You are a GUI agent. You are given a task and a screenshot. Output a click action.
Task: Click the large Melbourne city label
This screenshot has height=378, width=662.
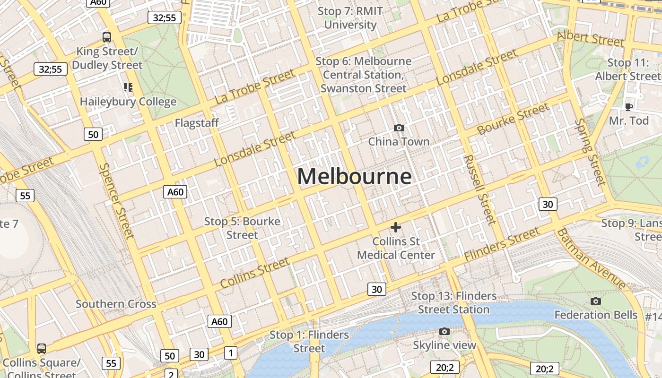(354, 177)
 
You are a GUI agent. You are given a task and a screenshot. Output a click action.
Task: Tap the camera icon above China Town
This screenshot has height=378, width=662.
(399, 128)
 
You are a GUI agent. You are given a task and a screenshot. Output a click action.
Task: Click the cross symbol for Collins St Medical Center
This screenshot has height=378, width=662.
(396, 227)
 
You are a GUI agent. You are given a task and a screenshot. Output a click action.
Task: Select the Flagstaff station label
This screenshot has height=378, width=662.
(197, 123)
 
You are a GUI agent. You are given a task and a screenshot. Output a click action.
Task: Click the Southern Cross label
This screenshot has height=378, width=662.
(116, 304)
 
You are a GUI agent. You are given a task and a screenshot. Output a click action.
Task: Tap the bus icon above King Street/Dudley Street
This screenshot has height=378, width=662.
(107, 37)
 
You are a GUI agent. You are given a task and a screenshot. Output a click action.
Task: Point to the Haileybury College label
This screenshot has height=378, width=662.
(128, 102)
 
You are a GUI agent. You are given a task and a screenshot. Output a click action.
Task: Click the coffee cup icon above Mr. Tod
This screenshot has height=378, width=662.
(628, 107)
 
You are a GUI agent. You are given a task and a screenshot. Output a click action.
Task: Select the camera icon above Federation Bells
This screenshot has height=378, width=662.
(596, 301)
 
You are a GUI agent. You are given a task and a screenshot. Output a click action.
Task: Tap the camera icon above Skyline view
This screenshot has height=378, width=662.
(444, 332)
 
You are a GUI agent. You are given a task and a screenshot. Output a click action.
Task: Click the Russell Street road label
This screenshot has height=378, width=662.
(479, 189)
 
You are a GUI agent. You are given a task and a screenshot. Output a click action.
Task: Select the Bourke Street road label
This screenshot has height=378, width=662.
(513, 119)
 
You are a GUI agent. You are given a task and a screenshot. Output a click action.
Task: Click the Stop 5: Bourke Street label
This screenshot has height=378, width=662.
(242, 228)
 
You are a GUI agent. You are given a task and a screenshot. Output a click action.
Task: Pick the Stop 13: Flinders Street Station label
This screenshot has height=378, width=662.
(453, 303)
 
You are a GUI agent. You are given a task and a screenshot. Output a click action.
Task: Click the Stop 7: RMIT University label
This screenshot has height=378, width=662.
(350, 18)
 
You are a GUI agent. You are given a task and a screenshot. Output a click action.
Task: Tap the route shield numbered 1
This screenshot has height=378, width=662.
(230, 352)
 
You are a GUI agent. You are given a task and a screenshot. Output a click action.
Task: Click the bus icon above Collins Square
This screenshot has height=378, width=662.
(42, 349)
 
